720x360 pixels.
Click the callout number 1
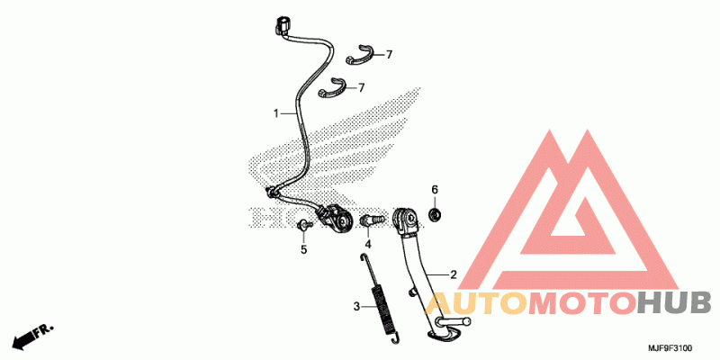click(x=277, y=113)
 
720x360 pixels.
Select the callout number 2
click(x=454, y=274)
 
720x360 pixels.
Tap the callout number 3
click(x=356, y=307)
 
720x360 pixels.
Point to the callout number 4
click(x=367, y=244)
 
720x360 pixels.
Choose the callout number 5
click(x=303, y=249)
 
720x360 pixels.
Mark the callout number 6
click(x=434, y=190)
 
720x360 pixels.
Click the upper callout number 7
click(x=389, y=55)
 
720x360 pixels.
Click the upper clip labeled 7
click(x=359, y=54)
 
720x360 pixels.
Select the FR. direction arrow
click(x=31, y=337)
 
